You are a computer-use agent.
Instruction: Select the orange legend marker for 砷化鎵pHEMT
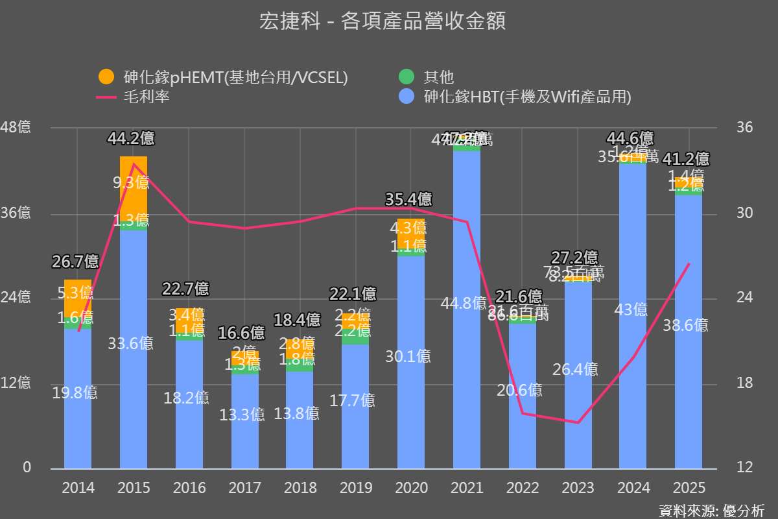click(x=106, y=77)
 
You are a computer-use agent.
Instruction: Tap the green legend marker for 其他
click(x=406, y=77)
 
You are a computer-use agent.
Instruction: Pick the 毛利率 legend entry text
click(x=147, y=97)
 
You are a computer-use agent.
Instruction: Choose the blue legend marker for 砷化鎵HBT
click(x=406, y=97)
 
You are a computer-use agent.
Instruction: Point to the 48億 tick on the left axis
click(x=16, y=127)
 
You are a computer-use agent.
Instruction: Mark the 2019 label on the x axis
click(x=356, y=488)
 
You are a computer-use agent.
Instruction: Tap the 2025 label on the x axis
click(x=689, y=488)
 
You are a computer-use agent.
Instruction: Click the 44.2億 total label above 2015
click(x=131, y=138)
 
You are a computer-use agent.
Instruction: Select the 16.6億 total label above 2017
click(x=242, y=333)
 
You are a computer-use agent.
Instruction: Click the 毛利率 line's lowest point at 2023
click(x=578, y=422)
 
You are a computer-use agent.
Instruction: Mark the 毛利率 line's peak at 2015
click(x=134, y=164)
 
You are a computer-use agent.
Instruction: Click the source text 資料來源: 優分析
click(x=711, y=510)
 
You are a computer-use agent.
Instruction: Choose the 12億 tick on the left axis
click(x=16, y=383)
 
